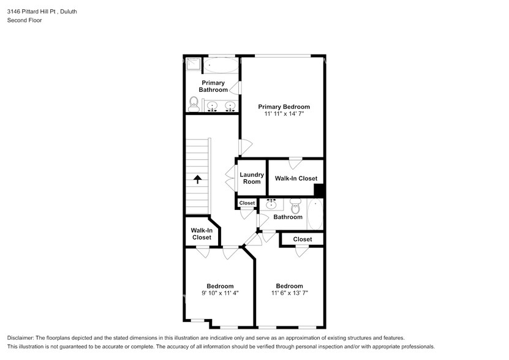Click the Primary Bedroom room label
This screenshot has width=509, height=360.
coord(284,107)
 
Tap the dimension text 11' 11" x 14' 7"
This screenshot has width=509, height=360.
coord(284,114)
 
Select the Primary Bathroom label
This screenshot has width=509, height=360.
coord(213,86)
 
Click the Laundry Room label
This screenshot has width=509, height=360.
coord(251,178)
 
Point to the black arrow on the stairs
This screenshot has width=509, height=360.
coord(198,179)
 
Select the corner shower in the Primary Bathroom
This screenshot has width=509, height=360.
coord(193,64)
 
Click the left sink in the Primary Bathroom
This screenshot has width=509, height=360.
coord(212,107)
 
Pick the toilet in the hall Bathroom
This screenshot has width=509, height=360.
coord(295,206)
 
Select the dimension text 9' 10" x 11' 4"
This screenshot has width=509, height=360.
coord(220,293)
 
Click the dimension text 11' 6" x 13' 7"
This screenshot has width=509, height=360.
coord(289,293)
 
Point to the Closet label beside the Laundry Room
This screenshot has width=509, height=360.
coord(247,203)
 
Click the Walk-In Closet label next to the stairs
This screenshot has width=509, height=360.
coord(202,234)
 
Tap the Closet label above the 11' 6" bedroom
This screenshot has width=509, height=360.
coord(302,239)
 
